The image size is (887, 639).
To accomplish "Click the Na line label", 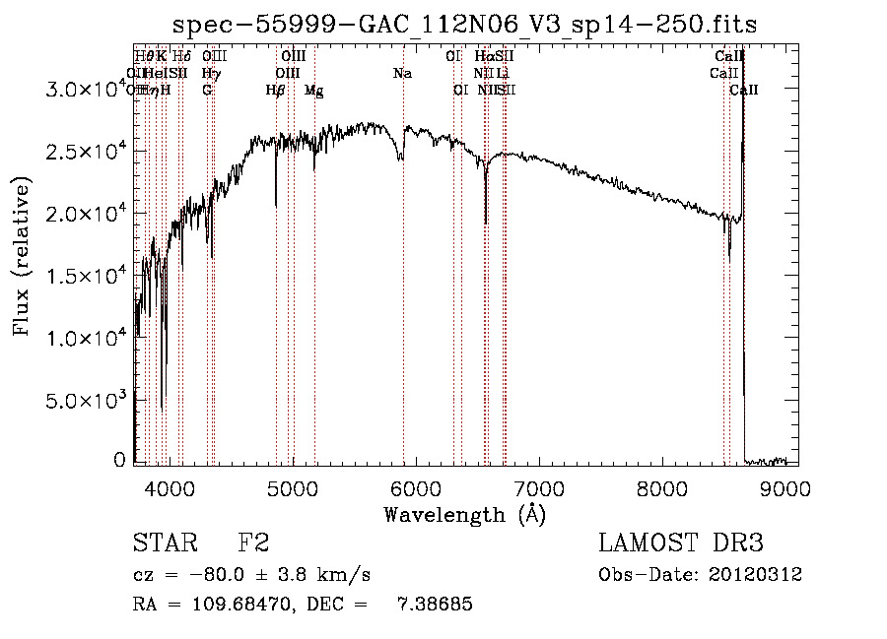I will pos(402,73).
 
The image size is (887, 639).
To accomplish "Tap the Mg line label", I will pos(313,91).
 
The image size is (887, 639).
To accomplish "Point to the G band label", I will pos(207,90).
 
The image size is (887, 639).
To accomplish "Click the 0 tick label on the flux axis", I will pos(119,461).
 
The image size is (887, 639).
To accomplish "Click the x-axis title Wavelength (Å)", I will pos(464,514).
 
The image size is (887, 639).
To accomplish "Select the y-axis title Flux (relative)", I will pos(22,258).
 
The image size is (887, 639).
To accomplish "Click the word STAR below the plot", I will pos(164,543).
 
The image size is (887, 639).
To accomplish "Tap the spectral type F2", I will pos(252,543).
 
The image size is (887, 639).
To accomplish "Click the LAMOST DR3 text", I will pos(681,543).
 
